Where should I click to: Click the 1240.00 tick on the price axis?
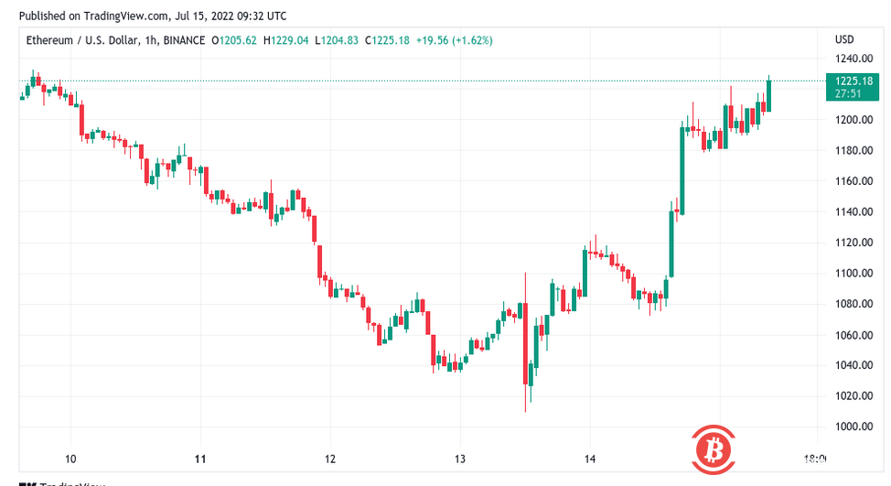click(848, 58)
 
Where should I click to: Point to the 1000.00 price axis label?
click(848, 427)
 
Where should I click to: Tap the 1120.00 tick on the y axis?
click(848, 243)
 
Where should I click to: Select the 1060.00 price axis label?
click(848, 335)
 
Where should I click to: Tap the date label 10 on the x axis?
click(70, 459)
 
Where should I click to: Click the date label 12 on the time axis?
click(330, 459)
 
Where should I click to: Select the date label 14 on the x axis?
click(590, 459)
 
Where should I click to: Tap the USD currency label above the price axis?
click(844, 40)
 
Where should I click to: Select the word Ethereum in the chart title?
click(48, 40)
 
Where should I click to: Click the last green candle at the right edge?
click(768, 95)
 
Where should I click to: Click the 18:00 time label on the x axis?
click(815, 459)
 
